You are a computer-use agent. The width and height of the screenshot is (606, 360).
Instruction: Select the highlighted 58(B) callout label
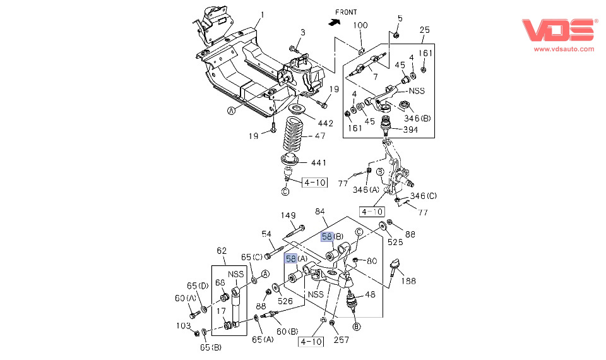coord(332,237)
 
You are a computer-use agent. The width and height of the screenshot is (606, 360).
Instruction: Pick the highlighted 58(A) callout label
coord(296,258)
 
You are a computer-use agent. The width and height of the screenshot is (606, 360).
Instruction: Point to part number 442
coord(326,123)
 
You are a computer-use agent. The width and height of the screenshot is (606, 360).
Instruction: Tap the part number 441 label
coord(319,163)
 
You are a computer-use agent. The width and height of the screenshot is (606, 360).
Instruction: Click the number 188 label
coord(409,281)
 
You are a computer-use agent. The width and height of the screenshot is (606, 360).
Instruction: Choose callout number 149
coord(288,215)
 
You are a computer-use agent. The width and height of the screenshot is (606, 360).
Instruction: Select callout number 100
coord(360,25)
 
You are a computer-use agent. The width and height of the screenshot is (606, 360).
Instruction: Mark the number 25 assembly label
coord(425,30)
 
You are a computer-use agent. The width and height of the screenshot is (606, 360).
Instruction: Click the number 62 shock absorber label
coord(222,251)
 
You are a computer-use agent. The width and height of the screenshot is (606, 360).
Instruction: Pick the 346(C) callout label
coord(424,196)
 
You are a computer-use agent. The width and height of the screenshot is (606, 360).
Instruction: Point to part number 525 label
coord(396,242)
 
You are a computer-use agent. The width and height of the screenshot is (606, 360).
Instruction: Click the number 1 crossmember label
coord(263,15)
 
